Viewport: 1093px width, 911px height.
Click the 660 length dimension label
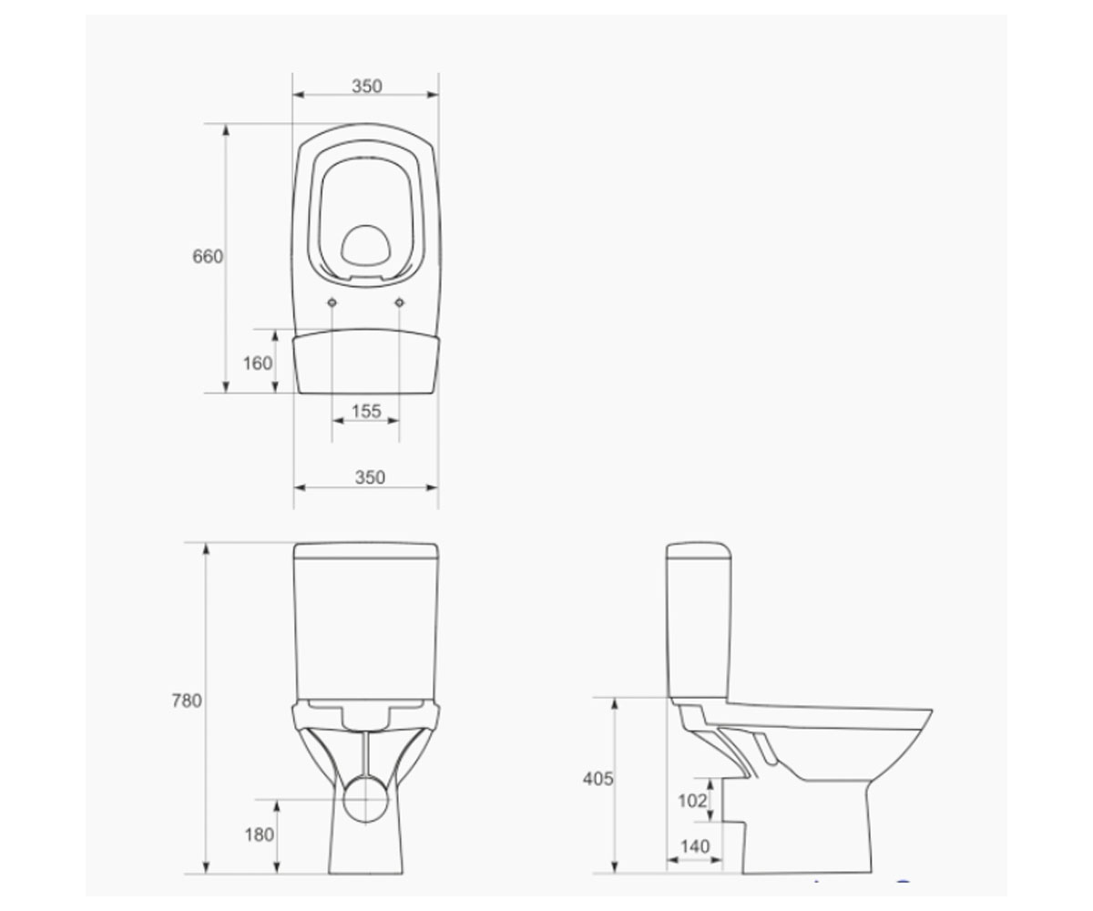[x=208, y=257]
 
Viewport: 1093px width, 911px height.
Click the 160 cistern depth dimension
[x=258, y=363]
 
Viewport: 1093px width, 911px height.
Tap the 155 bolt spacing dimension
[x=366, y=411]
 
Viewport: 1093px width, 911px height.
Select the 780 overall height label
[x=187, y=701]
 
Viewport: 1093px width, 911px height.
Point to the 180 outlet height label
[x=259, y=834]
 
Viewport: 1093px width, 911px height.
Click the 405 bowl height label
[x=598, y=779]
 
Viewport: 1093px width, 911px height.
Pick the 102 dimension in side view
[x=692, y=801]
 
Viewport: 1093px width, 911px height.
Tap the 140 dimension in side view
[x=695, y=846]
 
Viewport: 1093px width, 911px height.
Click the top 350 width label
[x=367, y=86]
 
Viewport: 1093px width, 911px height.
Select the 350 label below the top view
[x=370, y=477]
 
